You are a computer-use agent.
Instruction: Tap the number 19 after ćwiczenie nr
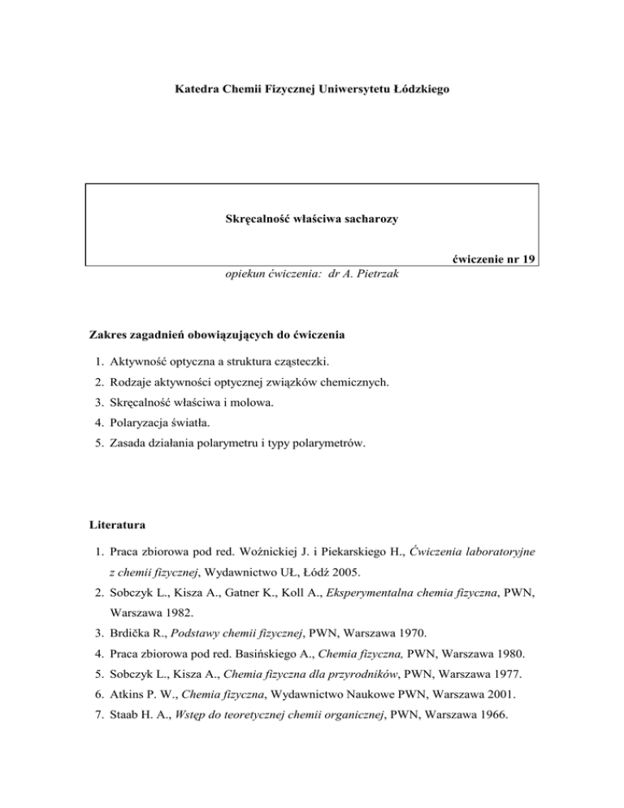tap(528, 259)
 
